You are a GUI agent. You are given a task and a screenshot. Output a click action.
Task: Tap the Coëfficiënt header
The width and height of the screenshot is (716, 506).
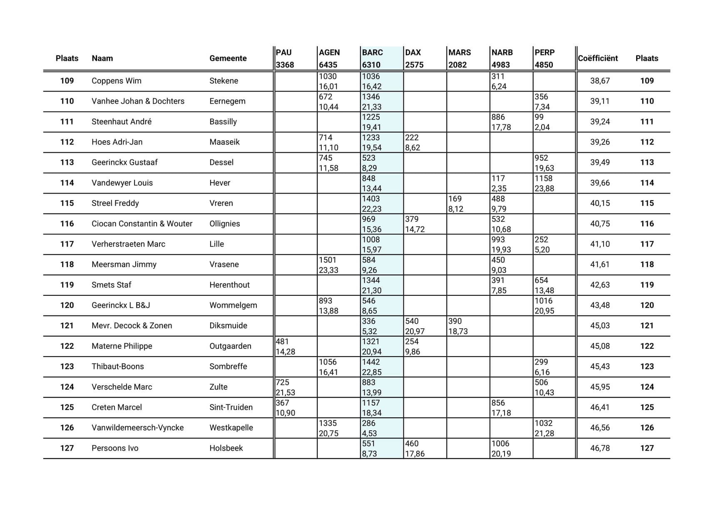click(x=598, y=58)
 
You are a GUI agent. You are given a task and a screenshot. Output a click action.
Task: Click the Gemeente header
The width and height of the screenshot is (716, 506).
click(x=228, y=58)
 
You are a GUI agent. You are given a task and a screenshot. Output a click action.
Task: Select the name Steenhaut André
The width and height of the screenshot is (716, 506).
click(x=122, y=122)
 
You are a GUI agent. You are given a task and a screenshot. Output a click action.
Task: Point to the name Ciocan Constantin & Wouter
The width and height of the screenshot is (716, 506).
click(x=142, y=223)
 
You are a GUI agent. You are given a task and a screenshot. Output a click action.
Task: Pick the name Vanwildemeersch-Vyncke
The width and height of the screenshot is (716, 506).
click(x=137, y=427)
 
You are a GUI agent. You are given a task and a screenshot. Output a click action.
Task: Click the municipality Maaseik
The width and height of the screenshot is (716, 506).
click(x=224, y=142)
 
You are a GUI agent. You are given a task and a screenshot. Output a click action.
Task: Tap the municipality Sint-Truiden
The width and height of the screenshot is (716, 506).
click(x=231, y=407)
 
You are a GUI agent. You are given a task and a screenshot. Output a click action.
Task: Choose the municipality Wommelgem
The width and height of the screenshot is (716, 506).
click(x=233, y=305)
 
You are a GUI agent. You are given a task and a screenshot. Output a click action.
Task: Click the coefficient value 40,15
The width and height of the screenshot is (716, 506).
click(x=600, y=203)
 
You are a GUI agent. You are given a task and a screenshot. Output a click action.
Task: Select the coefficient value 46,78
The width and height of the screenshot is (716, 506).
click(x=600, y=448)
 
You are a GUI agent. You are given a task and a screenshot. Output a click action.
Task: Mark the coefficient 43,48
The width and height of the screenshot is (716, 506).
click(x=600, y=305)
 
